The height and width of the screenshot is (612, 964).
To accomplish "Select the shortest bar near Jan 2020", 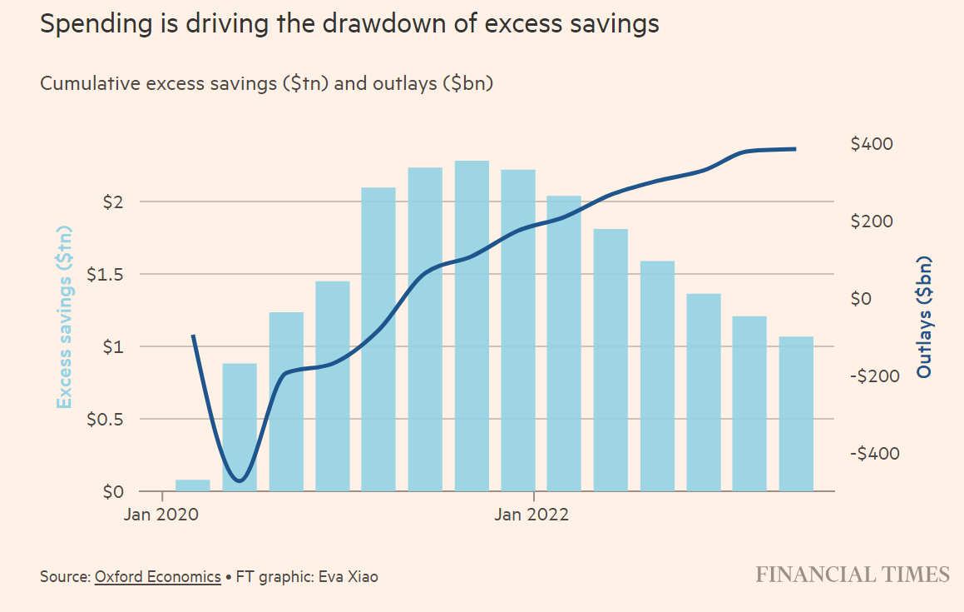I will click(193, 485).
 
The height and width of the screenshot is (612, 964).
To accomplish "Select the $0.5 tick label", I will click(106, 420).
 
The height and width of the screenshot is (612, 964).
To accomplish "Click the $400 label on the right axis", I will click(872, 144).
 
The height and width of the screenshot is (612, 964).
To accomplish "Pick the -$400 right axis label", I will click(874, 454).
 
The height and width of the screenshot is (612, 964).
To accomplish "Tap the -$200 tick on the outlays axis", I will click(874, 376).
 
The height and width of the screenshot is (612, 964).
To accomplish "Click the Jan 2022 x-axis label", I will click(532, 515).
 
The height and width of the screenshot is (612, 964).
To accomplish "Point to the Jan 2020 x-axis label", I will click(163, 515).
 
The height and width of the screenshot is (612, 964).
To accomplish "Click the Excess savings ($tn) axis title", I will click(65, 316).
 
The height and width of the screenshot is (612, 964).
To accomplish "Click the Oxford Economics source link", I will click(158, 576).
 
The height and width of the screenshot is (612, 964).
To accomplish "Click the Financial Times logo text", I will click(853, 575).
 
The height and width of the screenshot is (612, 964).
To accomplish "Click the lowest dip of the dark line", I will click(240, 480).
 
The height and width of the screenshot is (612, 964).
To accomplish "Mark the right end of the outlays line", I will click(795, 149).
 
